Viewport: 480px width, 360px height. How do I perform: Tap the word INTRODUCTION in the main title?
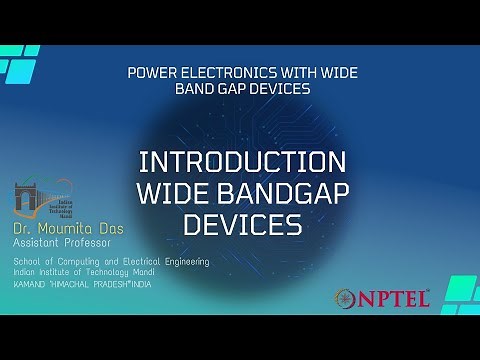click(x=242, y=162)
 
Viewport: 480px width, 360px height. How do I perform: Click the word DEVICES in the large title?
click(x=243, y=225)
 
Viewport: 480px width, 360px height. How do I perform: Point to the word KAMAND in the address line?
click(x=30, y=284)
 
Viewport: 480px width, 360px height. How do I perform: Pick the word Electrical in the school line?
click(x=144, y=261)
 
